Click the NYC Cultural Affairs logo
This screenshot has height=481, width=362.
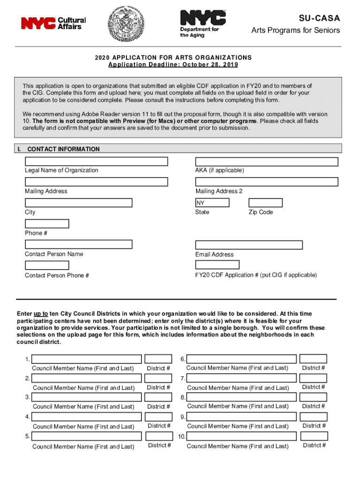pyautogui.click(x=53, y=23)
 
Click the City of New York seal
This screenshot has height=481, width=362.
pyautogui.click(x=125, y=23)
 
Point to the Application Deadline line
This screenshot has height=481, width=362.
pyautogui.click(x=173, y=65)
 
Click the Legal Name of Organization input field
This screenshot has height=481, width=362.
pyautogui.click(x=96, y=162)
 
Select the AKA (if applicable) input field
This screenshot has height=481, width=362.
pyautogui.click(x=267, y=162)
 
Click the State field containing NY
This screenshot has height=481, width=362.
pyautogui.click(x=212, y=203)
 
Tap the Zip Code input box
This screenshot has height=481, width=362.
pyautogui.click(x=265, y=203)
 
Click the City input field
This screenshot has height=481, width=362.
pyautogui.click(x=79, y=203)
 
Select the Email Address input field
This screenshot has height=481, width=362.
pyautogui.click(x=249, y=245)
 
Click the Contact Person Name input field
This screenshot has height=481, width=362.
pyautogui.click(x=79, y=244)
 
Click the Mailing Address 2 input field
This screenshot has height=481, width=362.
pyautogui.click(x=267, y=182)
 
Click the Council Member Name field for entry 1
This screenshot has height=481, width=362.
pyautogui.click(x=87, y=359)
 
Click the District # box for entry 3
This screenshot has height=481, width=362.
pyautogui.click(x=158, y=397)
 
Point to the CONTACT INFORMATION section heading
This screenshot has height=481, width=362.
pyautogui.click(x=63, y=149)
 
